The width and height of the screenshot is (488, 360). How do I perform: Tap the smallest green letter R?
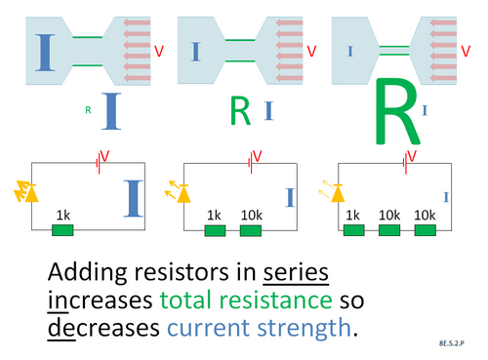coord(88,110)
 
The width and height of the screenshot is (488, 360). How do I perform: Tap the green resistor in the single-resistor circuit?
coord(62,231)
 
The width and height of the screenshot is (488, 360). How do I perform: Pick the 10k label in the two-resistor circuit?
coord(251,215)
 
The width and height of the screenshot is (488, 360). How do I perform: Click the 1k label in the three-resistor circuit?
coord(353,215)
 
